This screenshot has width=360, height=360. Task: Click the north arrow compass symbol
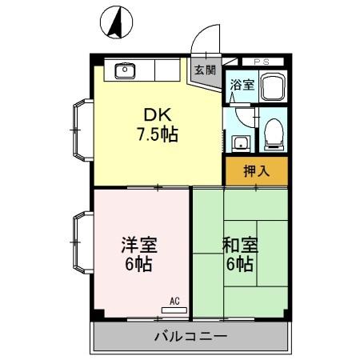pos(115,22)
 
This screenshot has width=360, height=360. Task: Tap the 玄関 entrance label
pos(205,70)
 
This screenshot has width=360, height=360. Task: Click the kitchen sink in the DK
pos(126,71)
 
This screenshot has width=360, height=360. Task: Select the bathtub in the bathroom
pos(272,86)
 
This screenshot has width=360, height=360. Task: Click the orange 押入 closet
pos(256,170)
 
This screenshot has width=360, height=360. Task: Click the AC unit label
pos(174,302)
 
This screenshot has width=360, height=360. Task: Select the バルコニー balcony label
pos(190,337)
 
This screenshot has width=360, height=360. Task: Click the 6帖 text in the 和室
pos(239,264)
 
